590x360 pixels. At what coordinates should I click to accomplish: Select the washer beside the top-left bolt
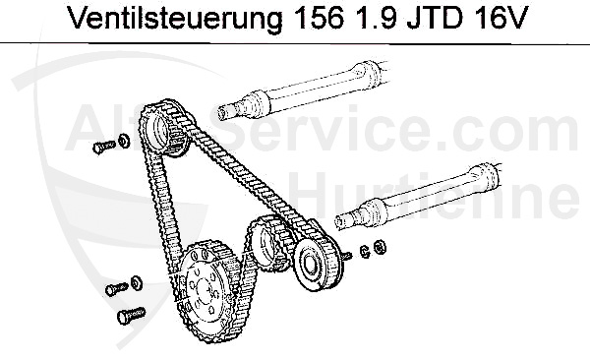click(123, 140)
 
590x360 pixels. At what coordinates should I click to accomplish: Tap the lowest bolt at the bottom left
click(129, 315)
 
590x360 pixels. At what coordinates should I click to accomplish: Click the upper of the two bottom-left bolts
click(115, 288)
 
